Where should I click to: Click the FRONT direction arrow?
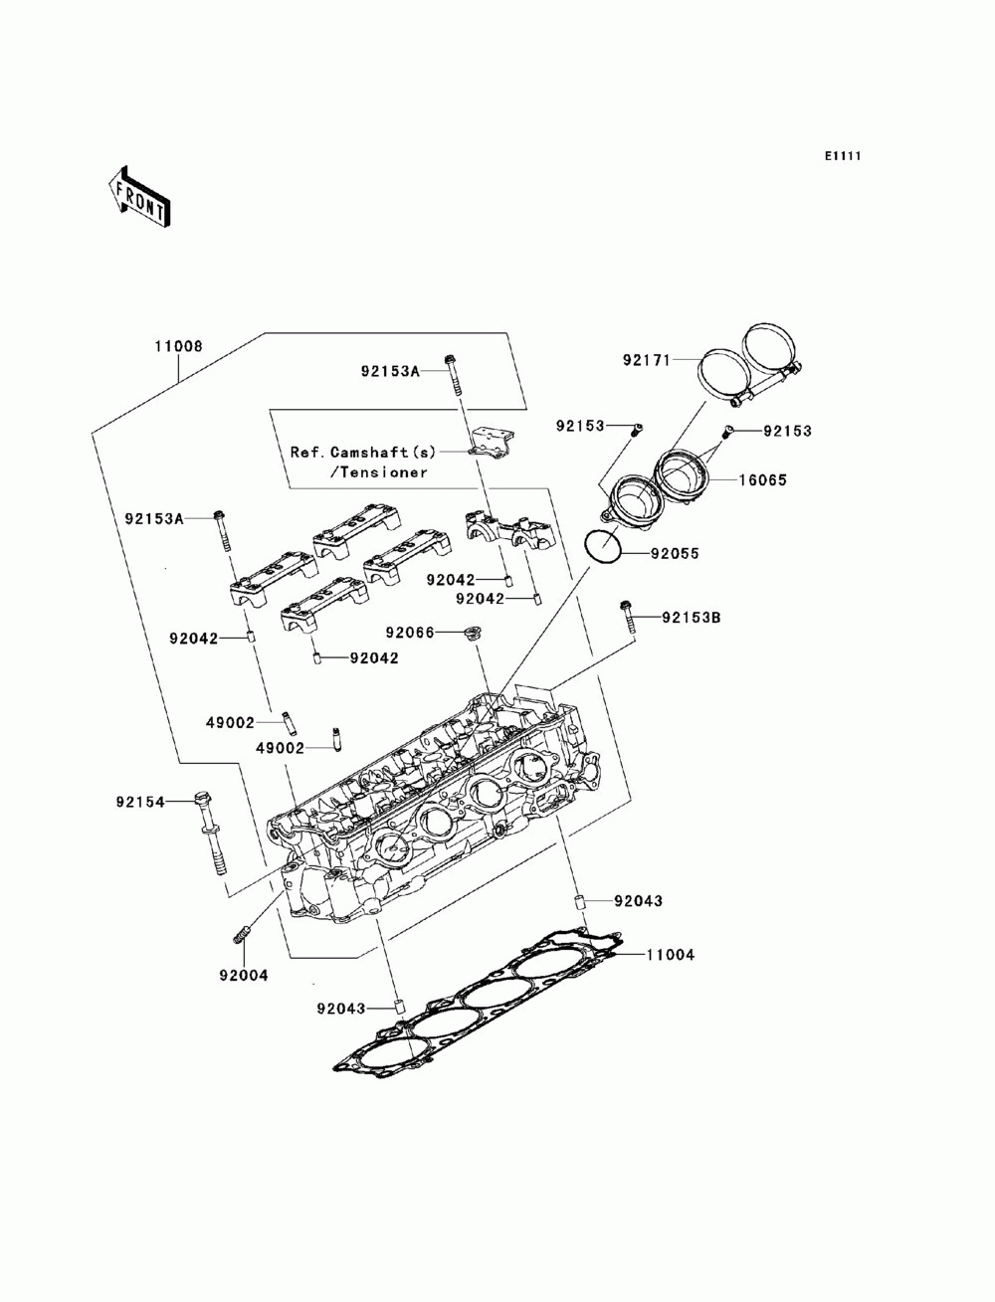139,195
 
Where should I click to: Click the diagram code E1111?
842,156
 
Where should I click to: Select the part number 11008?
178,346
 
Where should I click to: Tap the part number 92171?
646,360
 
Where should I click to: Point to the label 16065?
762,479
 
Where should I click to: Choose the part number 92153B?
692,618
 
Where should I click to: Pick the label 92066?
410,633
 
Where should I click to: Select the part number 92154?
140,802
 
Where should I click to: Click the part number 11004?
670,955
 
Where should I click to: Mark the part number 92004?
244,975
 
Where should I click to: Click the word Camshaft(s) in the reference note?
383,452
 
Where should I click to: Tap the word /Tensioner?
378,472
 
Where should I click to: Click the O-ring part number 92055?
675,553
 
